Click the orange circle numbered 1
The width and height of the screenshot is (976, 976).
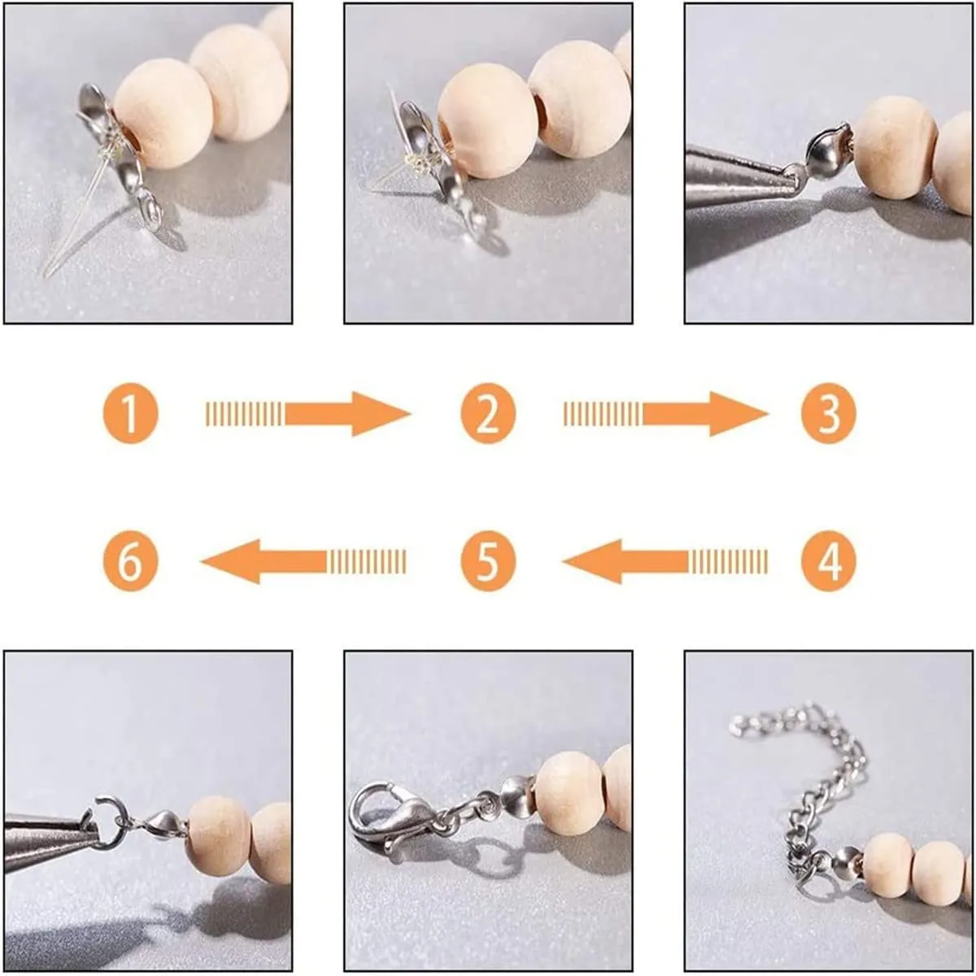click(131, 413)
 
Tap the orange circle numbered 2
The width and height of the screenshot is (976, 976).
click(488, 413)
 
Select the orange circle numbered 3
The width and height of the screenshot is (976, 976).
click(829, 413)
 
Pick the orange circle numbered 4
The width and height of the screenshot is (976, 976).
click(829, 560)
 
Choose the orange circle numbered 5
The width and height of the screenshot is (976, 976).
click(488, 560)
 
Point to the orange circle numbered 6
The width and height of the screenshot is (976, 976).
click(131, 560)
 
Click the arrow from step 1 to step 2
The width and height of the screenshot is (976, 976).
click(308, 414)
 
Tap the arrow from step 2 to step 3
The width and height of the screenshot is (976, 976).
click(666, 414)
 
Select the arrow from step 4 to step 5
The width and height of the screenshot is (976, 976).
click(664, 561)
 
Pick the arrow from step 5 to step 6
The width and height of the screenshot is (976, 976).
click(303, 561)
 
